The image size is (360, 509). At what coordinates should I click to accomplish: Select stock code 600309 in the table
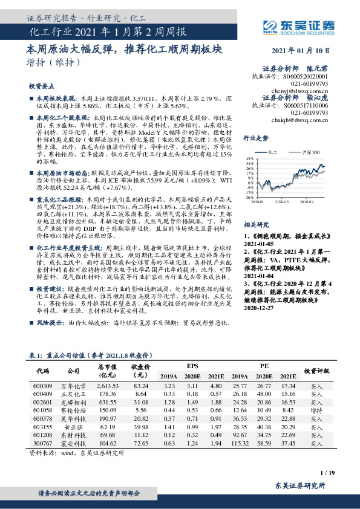tap(43, 385)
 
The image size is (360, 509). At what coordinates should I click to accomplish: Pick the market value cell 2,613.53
tap(106, 385)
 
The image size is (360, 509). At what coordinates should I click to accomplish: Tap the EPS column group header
tap(192, 366)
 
